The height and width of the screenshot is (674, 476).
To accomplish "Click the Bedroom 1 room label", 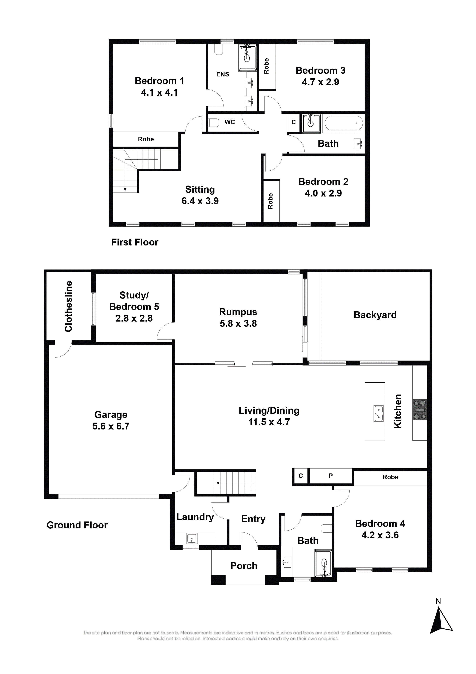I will [159, 81].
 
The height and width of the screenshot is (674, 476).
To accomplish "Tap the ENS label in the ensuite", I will [223, 74].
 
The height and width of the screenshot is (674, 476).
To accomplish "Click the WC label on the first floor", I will [230, 122].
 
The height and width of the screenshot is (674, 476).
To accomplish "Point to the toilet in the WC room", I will [214, 122].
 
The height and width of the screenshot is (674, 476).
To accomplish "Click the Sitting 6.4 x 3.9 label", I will [200, 195].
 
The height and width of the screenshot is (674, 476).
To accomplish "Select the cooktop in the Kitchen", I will [420, 410].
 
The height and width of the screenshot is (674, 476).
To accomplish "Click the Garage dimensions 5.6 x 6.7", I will [111, 426].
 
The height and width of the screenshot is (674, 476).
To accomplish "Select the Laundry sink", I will [191, 539].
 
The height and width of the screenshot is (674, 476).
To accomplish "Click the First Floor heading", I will [135, 242].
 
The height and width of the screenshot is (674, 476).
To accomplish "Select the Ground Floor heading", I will [77, 525].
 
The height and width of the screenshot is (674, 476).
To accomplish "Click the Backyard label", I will [375, 315].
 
